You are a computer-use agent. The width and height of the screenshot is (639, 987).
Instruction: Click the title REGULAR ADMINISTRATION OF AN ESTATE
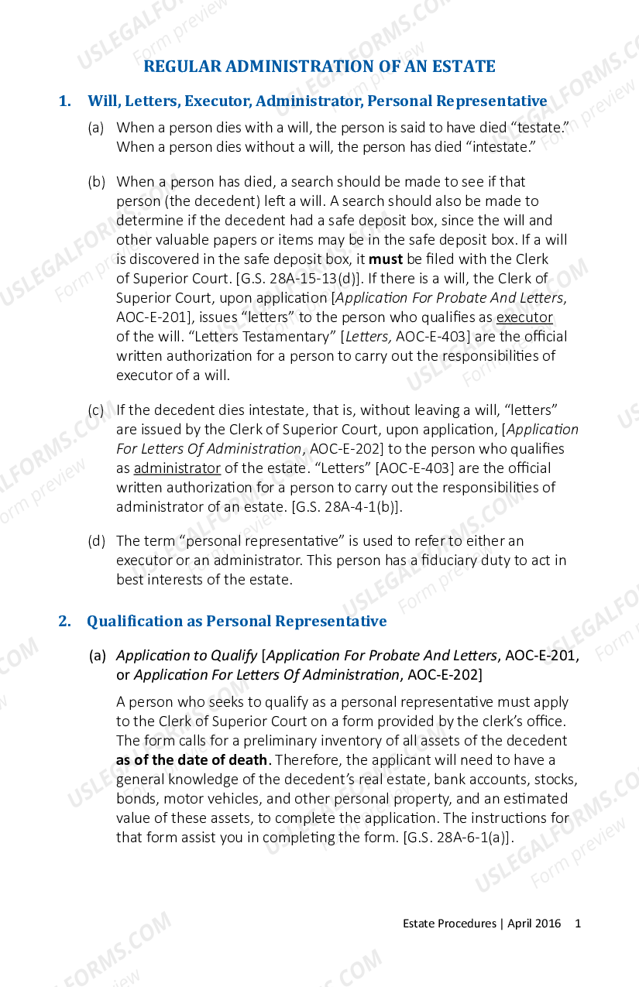(x=319, y=67)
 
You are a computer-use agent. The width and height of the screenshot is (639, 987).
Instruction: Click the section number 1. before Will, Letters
(x=65, y=101)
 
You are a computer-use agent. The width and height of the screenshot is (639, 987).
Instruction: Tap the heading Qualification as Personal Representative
(x=236, y=622)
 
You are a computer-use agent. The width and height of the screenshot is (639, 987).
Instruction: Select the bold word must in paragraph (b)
(x=385, y=259)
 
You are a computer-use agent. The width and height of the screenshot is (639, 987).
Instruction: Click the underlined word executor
(x=524, y=317)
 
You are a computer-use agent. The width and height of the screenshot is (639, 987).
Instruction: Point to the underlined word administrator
(x=177, y=468)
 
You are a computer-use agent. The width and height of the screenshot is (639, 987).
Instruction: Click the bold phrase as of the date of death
(x=191, y=760)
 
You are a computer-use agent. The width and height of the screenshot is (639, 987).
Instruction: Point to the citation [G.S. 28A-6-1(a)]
(x=460, y=838)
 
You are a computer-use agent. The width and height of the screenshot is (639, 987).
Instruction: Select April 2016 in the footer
(x=534, y=924)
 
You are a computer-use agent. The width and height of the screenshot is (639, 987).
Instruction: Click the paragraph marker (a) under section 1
(x=96, y=128)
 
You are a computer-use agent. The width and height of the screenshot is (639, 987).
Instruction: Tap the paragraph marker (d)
(x=96, y=541)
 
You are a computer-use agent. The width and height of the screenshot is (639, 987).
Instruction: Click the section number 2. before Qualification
(x=65, y=622)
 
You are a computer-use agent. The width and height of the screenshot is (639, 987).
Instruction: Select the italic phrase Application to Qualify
(x=187, y=656)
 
